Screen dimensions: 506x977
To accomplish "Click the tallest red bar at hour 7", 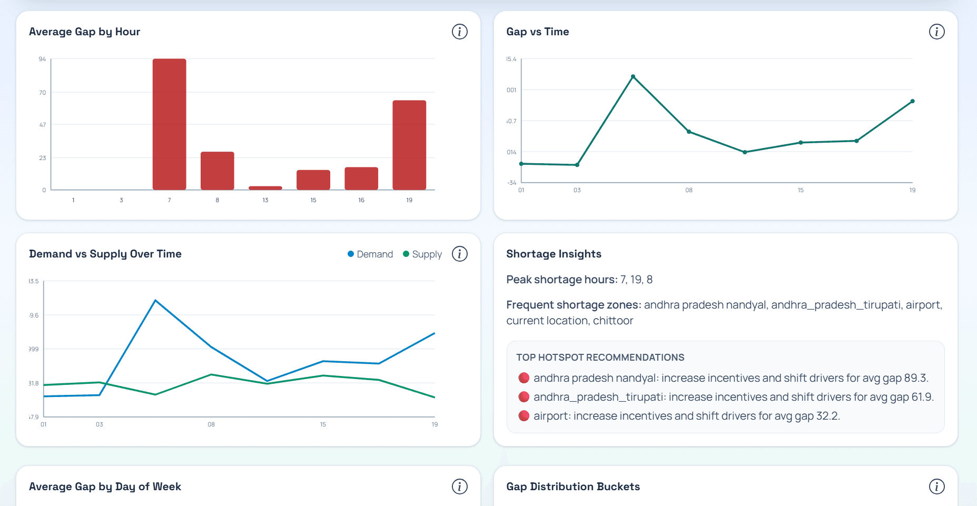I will click(x=169, y=124).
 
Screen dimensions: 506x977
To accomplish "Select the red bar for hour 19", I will click(x=409, y=145).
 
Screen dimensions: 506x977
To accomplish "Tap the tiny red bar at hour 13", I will click(x=265, y=187).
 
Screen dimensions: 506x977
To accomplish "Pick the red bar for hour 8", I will click(x=217, y=171).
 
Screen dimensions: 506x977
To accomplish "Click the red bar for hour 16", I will click(x=361, y=178).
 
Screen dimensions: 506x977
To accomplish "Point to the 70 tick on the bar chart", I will click(x=42, y=93).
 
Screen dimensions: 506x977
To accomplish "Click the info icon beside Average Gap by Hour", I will click(x=459, y=32).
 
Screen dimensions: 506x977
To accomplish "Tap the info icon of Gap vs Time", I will click(x=936, y=32).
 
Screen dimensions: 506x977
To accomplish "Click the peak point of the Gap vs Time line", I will click(x=633, y=77).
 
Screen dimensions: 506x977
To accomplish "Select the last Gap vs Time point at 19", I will click(x=912, y=101).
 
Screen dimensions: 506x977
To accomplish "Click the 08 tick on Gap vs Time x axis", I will click(x=689, y=190).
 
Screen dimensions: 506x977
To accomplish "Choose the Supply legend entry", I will click(x=422, y=254).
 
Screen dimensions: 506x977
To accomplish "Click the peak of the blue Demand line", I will click(x=155, y=301).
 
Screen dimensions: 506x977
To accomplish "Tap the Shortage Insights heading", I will click(x=554, y=254).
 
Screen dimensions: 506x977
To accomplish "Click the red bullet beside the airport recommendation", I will click(x=524, y=416).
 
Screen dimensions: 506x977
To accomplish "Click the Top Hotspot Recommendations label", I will click(x=600, y=358).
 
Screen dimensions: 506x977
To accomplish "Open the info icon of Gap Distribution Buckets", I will click(x=936, y=487).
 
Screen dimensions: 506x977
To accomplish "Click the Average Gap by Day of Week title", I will click(x=105, y=487).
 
